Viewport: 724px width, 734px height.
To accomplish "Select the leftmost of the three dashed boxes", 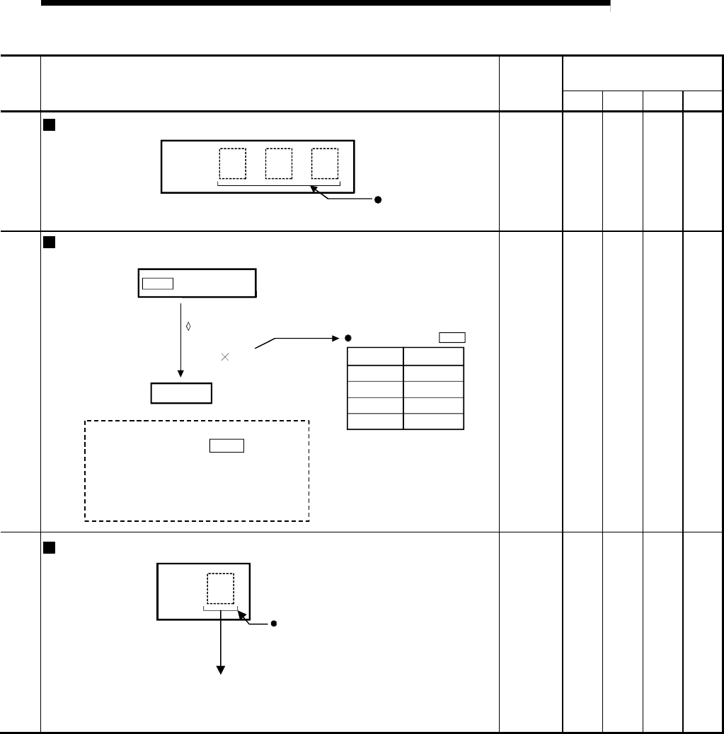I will pos(232,163).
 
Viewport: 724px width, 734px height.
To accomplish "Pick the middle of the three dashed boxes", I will pos(278,163).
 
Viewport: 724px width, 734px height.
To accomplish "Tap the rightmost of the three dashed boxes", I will pos(325,163).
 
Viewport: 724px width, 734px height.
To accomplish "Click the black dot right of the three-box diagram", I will pos(378,200).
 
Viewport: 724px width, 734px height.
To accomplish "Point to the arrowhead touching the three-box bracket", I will pos(314,188).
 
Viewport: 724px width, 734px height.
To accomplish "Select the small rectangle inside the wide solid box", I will pos(157,284).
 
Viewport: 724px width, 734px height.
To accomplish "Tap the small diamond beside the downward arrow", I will pos(188,327).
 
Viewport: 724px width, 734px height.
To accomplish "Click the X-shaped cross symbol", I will pos(225,358).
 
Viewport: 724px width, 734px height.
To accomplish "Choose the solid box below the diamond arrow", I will pos(181,392).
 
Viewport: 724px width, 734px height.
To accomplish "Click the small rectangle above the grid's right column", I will pos(452,337).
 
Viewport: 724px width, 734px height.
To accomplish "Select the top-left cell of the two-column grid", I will pos(375,356).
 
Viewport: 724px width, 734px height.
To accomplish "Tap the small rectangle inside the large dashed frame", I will pos(226,445).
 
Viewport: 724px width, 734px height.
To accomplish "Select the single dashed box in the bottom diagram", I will pos(220,588).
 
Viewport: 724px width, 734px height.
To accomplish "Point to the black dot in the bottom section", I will pos(273,624).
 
